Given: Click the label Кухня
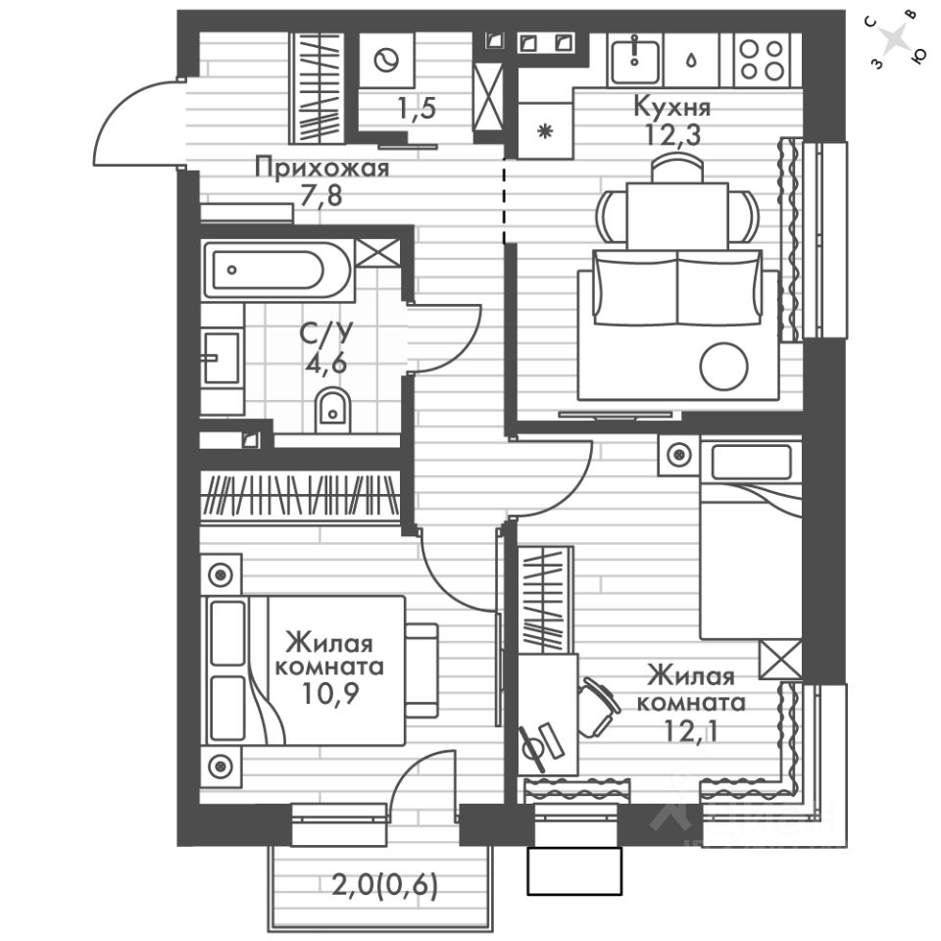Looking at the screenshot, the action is tap(671, 105).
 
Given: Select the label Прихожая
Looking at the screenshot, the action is tap(322, 168).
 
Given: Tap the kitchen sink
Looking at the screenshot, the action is tap(634, 58).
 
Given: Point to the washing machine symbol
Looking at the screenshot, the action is tap(386, 60).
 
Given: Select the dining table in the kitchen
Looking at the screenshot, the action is tap(677, 213).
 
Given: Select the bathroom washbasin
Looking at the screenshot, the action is tap(222, 358).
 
